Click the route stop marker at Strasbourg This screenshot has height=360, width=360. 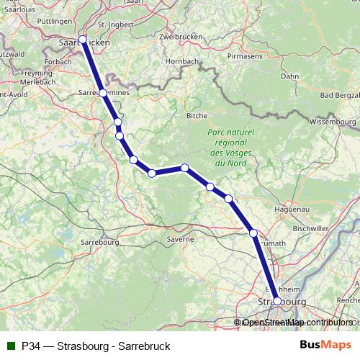tap(277, 301)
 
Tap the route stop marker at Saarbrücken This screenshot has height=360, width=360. tap(82, 40)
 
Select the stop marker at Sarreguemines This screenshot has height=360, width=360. tap(103, 93)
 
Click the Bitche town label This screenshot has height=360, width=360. tap(197, 115)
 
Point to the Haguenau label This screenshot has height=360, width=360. tap(292, 209)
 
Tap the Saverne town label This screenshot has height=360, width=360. tap(180, 238)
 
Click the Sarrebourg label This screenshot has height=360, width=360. tap(99, 243)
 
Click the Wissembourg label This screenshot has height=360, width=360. tap(333, 122)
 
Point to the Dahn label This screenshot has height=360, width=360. tap(289, 76)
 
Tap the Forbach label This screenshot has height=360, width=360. tap(58, 62)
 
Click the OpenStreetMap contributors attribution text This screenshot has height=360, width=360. tap(297, 323)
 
